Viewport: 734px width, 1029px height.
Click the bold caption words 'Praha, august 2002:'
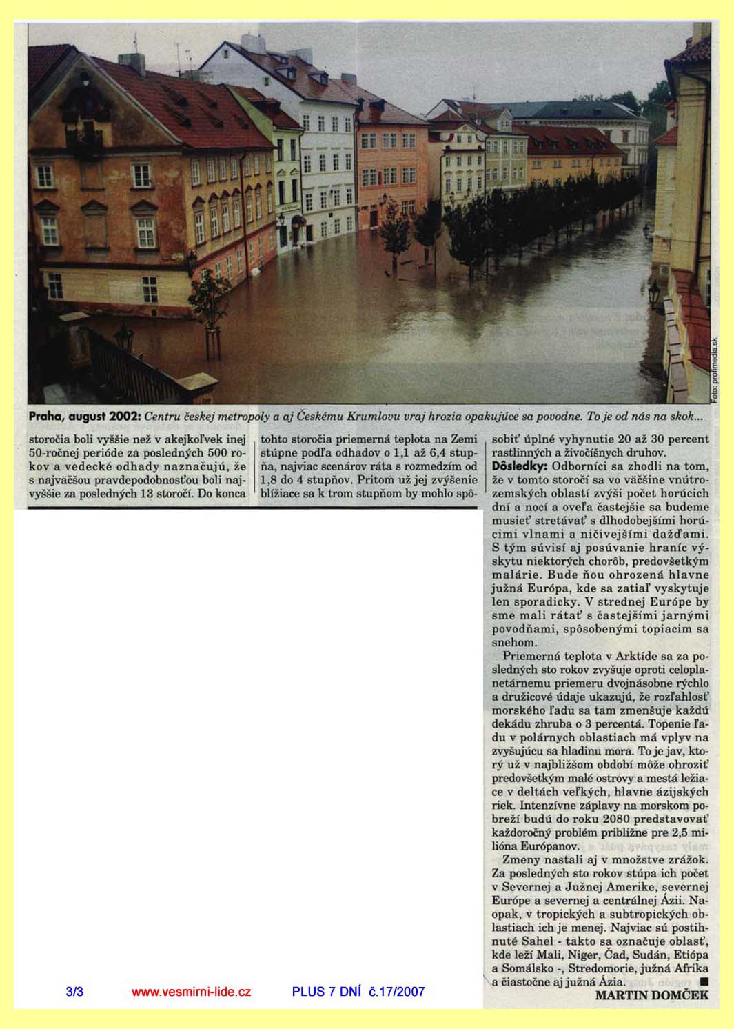pyautogui.click(x=85, y=417)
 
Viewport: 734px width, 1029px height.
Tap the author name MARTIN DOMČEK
pyautogui.click(x=651, y=995)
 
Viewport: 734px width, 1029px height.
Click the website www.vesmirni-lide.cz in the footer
pyautogui.click(x=191, y=992)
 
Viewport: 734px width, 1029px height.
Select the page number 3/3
pyautogui.click(x=74, y=992)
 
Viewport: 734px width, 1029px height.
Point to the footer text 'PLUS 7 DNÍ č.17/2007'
pyautogui.click(x=358, y=992)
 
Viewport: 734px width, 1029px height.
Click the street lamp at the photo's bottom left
pyautogui.click(x=123, y=339)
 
